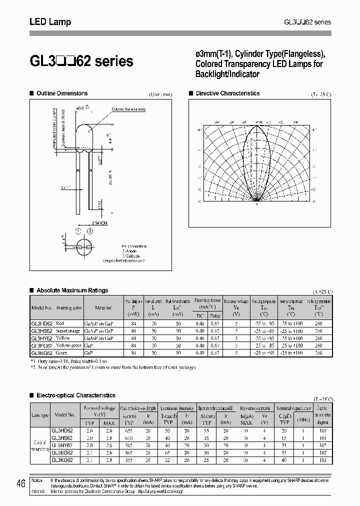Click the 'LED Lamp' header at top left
click(x=50, y=22)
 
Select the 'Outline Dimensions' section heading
click(x=62, y=93)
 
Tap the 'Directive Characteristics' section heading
click(x=227, y=93)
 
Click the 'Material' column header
click(x=103, y=307)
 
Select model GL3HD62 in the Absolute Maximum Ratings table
click(x=42, y=323)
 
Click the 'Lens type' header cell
click(x=40, y=415)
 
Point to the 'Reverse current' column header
click(x=255, y=408)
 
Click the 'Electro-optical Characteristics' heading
click(x=76, y=395)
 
